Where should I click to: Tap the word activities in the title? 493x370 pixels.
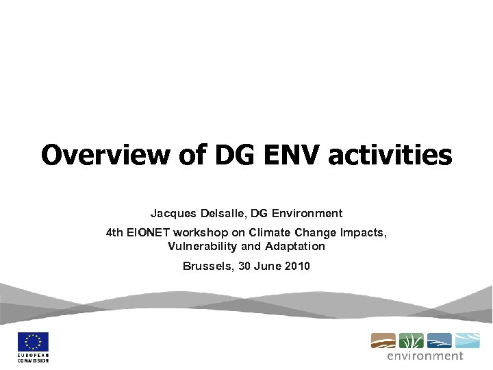[x=390, y=155]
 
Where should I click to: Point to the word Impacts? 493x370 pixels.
[x=364, y=233]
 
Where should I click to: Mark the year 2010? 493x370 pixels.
[x=296, y=266]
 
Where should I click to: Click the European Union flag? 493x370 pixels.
[x=33, y=342]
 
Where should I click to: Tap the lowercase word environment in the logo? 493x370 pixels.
[x=425, y=356]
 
